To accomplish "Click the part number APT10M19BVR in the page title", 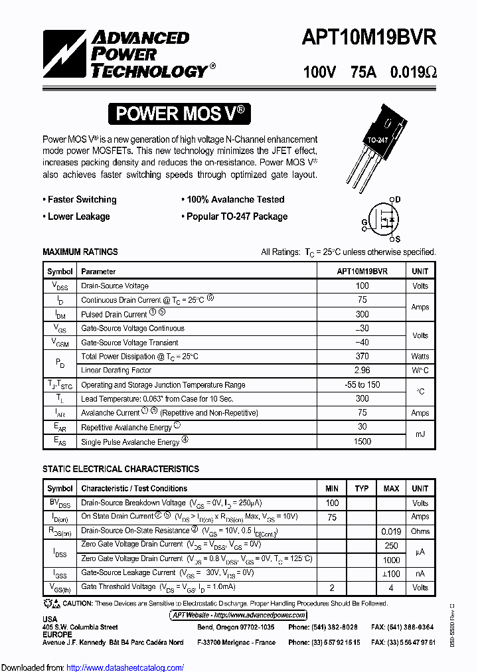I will point(369,37).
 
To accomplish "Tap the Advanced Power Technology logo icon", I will point(65,54).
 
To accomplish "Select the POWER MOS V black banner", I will point(180,114).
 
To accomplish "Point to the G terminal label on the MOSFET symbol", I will point(364,222).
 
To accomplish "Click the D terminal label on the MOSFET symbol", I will point(398,199).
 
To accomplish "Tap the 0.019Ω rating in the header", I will point(414,72).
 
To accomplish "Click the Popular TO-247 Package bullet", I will point(234,216).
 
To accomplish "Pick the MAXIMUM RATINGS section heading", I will point(80,252).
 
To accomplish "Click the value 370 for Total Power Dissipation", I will point(362,357).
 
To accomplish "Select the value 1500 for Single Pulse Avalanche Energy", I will point(362,442).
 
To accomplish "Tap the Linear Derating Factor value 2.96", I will point(362,371).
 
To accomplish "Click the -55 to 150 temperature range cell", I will point(362,385).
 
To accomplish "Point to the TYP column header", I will point(362,488).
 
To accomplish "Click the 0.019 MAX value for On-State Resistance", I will point(391,531).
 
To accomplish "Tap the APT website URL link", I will point(238,616).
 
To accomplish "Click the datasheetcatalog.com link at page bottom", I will point(125,667).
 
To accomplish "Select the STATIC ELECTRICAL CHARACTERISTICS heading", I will point(121,469).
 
